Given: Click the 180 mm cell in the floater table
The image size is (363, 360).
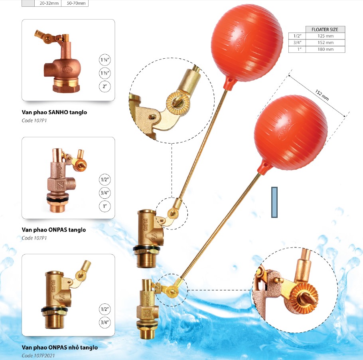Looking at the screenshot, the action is point(325,49).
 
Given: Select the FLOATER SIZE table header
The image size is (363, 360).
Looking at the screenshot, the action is point(325,30).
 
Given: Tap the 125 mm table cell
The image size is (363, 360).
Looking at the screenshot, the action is point(325,36).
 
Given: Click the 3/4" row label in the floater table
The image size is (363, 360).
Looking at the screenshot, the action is point(297,42).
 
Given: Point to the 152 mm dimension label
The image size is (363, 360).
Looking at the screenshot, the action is point(322,95).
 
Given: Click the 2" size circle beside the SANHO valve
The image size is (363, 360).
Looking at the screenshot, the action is point(105,87).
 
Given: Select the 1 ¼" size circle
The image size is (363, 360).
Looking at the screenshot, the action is point(105,60).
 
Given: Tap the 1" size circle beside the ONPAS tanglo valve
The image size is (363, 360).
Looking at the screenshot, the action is point(105,206).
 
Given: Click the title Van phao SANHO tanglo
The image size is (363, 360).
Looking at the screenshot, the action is point(54,113).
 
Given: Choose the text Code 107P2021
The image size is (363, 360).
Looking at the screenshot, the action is point(38,356).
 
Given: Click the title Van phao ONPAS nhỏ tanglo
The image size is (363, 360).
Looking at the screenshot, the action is point(60,348).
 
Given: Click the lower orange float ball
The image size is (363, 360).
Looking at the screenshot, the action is point(290,133).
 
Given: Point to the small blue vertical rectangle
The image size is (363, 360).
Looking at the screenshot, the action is point(274,202).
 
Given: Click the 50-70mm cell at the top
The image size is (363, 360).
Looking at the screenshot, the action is point(76,3).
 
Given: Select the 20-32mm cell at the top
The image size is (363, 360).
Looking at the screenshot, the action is point(49,3).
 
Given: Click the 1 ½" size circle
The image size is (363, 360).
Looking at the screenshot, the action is point(105,73).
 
